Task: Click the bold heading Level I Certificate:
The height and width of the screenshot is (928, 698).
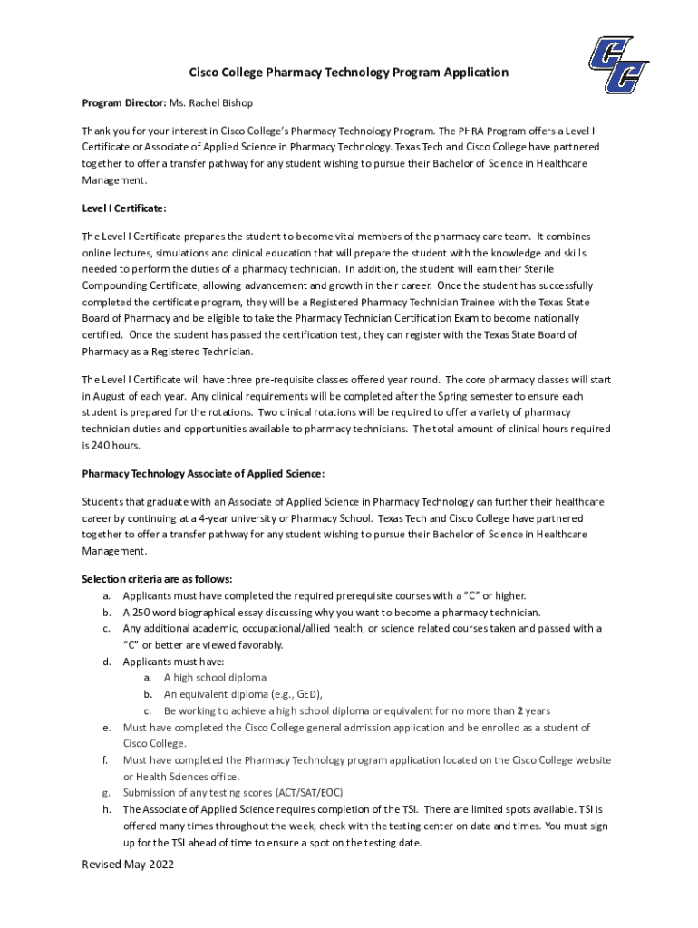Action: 124,208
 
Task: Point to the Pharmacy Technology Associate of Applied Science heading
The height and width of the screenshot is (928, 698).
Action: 203,473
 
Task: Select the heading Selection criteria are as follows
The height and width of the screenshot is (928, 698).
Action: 144,578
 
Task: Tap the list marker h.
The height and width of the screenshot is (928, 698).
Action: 108,808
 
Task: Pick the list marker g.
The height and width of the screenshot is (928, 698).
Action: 108,792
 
